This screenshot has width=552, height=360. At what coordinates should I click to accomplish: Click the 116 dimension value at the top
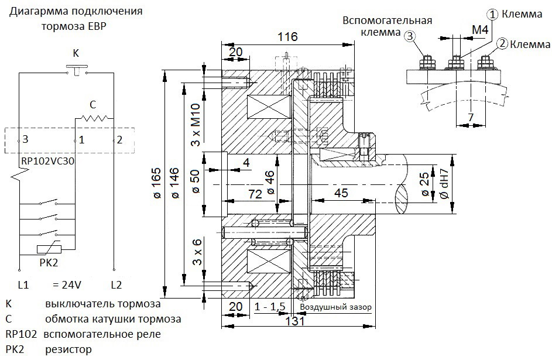point(287,37)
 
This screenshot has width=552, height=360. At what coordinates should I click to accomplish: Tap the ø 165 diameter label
point(157,183)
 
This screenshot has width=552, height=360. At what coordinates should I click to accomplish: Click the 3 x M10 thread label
point(195,125)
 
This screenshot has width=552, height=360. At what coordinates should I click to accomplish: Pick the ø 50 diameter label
point(196,181)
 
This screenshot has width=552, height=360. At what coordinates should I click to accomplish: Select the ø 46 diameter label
point(270,183)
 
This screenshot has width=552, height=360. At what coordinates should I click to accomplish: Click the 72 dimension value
point(255,194)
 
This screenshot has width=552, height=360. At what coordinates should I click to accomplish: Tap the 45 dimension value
point(341,193)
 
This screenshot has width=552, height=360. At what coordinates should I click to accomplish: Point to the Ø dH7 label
point(444,184)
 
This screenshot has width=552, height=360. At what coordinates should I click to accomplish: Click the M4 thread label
point(480,30)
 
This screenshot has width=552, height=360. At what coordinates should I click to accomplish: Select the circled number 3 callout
point(410,36)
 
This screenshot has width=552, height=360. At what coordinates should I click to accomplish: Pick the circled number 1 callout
point(492,15)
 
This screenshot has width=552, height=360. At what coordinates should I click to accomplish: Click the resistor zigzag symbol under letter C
point(94,118)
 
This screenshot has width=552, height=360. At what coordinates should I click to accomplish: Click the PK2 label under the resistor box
point(49,262)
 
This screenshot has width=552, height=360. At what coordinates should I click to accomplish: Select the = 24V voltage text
point(67,284)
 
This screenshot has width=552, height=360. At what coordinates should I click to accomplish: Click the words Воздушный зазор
point(335,307)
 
